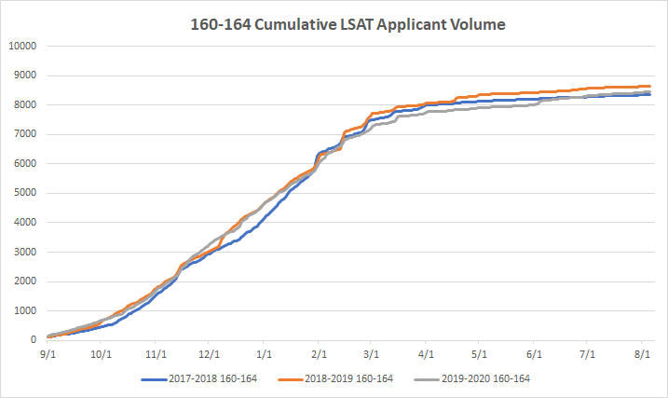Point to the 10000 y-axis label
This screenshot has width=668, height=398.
click(x=21, y=46)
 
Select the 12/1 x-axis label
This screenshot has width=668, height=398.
click(x=210, y=354)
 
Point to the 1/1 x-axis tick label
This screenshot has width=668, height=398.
click(x=265, y=354)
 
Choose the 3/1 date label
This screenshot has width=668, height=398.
click(x=372, y=354)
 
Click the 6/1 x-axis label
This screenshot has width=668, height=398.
click(x=534, y=354)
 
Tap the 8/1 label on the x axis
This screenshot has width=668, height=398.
click(x=642, y=354)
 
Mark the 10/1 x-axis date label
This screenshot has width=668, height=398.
click(x=102, y=354)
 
